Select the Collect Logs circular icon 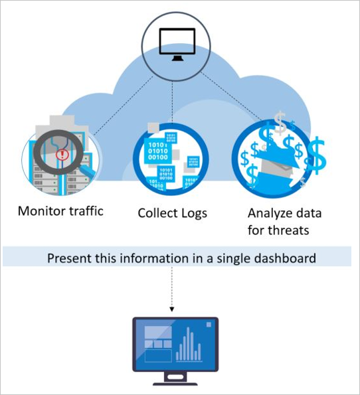click(x=171, y=159)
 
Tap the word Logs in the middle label click(x=194, y=213)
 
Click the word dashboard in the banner click(x=283, y=257)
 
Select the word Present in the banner click(x=68, y=257)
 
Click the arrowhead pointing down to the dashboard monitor click(x=172, y=308)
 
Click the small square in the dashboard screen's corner click(x=209, y=325)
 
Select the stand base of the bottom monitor click(x=175, y=381)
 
